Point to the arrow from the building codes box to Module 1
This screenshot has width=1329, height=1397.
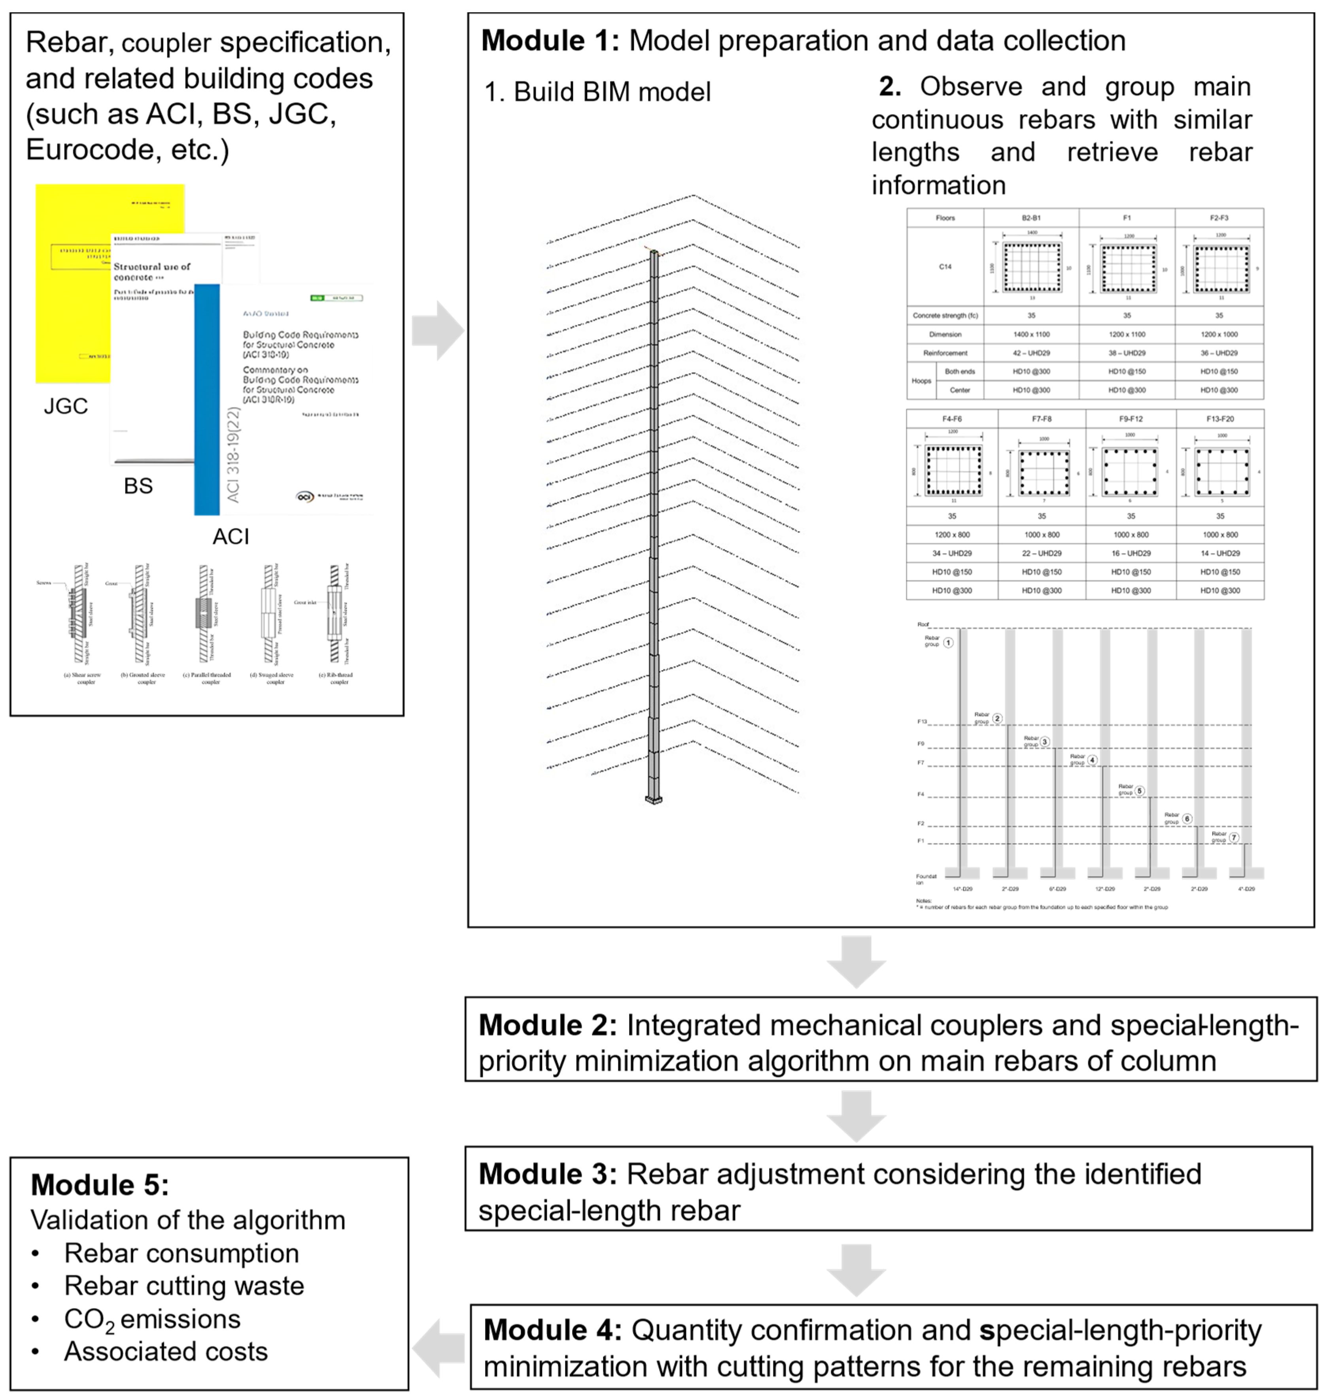click(438, 331)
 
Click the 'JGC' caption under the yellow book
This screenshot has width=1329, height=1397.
click(66, 406)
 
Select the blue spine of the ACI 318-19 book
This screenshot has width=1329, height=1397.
click(207, 400)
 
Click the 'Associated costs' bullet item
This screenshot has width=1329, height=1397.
click(166, 1352)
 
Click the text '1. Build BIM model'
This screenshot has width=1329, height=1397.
click(597, 92)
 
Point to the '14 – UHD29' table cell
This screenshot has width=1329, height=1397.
click(1220, 553)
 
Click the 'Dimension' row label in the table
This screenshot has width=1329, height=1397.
click(945, 334)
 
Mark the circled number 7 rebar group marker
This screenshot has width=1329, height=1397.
click(1234, 838)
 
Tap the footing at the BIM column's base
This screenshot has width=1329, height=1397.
click(653, 800)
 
